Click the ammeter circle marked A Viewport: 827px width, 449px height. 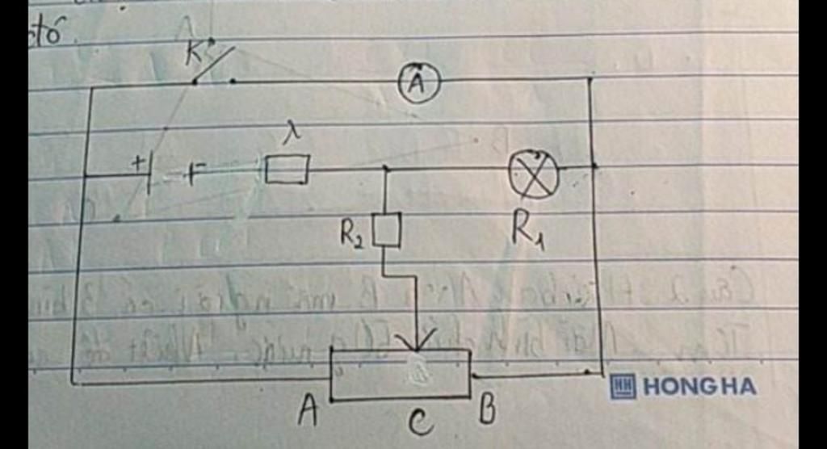pos(419,84)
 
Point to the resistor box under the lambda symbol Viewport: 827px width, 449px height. pos(287,170)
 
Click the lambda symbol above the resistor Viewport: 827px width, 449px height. pos(292,136)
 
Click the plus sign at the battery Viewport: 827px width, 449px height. pos(139,163)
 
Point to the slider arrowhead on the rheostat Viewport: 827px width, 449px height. pos(418,342)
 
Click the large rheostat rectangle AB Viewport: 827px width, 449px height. pos(401,373)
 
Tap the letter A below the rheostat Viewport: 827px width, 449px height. pos(307,413)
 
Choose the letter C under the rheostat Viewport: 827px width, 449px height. pos(420,422)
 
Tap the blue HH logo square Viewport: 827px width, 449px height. pos(623,387)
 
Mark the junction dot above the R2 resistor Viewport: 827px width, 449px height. pos(385,169)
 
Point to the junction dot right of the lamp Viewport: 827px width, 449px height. pos(594,166)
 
